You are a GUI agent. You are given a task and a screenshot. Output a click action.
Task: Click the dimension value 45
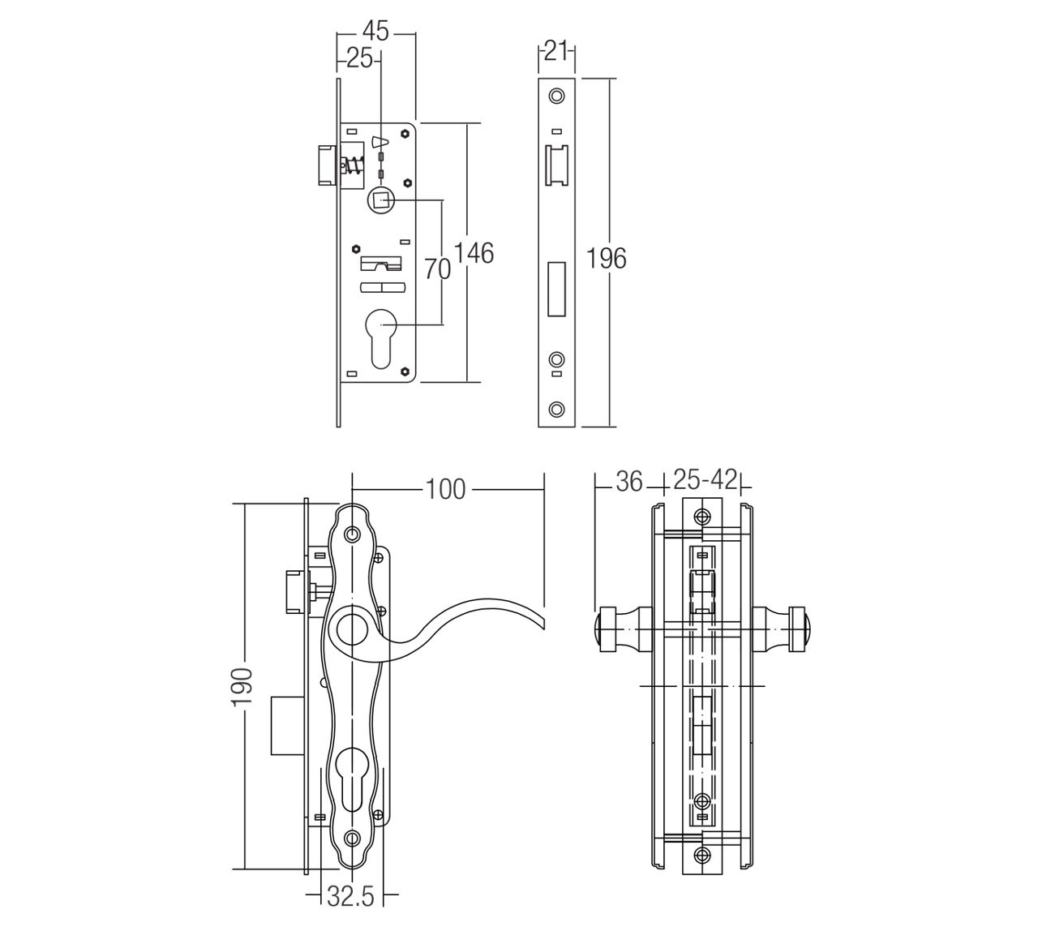[x=375, y=32]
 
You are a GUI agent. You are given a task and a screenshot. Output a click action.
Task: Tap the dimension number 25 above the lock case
[x=359, y=58]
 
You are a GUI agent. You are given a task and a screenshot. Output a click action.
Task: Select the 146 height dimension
[x=474, y=253]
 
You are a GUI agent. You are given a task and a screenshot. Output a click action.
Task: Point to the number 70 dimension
[x=437, y=268]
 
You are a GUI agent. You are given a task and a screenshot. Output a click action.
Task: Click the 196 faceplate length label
[x=606, y=258]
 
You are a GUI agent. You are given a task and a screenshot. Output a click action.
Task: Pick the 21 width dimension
[x=556, y=52]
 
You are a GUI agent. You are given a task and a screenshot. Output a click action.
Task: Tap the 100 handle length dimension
[x=445, y=489]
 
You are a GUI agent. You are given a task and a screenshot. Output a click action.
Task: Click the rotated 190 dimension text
[x=242, y=686]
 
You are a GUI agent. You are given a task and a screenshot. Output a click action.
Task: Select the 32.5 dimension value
[x=351, y=896]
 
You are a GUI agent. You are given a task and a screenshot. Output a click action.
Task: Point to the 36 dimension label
[x=630, y=481]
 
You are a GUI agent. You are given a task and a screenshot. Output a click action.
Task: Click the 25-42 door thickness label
[x=705, y=481]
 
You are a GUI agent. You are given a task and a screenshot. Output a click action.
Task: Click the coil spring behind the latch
[x=354, y=165]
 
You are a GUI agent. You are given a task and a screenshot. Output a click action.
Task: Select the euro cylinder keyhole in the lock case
[x=381, y=338]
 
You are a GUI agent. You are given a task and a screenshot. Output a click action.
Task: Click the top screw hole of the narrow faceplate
[x=557, y=96]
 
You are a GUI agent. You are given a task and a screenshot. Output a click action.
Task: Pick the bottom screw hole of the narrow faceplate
[x=557, y=410]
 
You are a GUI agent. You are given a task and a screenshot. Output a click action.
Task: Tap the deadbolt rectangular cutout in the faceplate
[x=557, y=289]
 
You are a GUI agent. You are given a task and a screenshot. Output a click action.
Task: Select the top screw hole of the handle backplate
[x=353, y=534]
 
